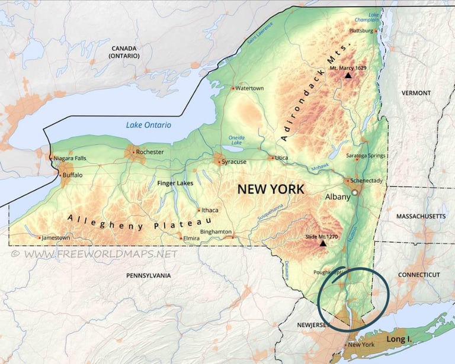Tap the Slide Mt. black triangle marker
tap(323, 243)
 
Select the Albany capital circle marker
tap(355, 193)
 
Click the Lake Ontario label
tap(148, 125)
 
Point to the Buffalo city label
tap(72, 175)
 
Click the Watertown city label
tap(249, 88)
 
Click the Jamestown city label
tap(56, 238)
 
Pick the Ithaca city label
tap(210, 210)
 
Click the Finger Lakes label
tap(175, 183)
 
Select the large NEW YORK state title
tap(270, 189)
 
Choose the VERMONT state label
tap(416, 93)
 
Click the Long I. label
tap(398, 339)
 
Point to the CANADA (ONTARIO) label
tap(124, 51)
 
